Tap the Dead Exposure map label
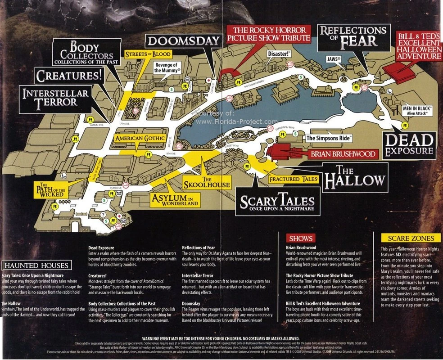[x=410, y=144]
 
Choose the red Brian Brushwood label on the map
[x=343, y=154]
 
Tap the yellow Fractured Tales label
[x=294, y=179]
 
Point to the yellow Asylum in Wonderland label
[x=175, y=200]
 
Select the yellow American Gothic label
[x=140, y=139]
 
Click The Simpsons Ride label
[x=328, y=138]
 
